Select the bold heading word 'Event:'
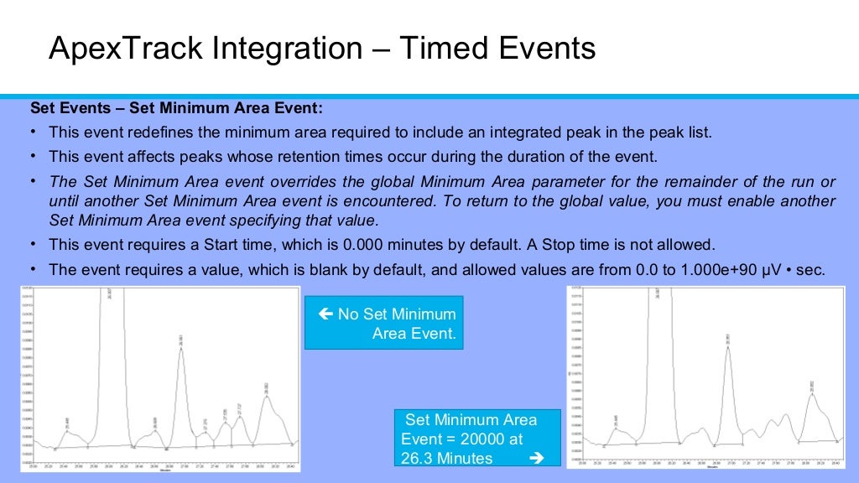(298, 109)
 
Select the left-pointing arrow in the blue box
(326, 314)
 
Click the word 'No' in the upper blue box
(348, 314)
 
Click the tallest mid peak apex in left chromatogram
(181, 348)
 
